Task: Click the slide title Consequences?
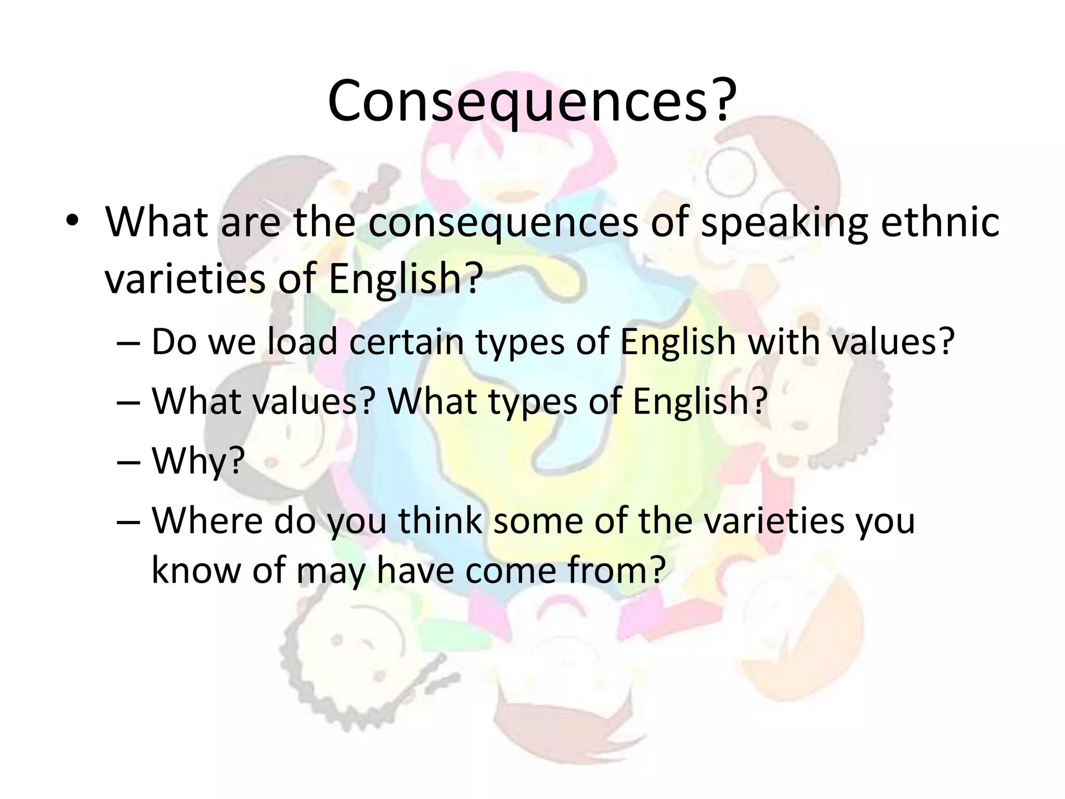[x=532, y=101]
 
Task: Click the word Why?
[x=198, y=461]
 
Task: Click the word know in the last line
[x=197, y=569]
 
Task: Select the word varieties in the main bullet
[x=185, y=279]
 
